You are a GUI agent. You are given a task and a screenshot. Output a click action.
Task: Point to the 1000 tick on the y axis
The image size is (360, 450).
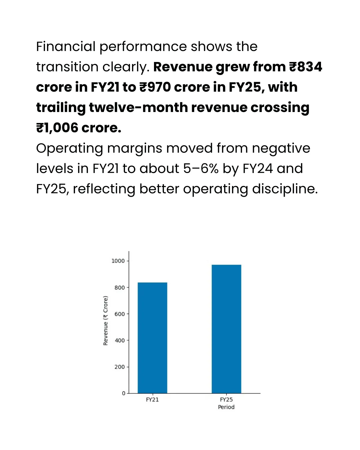pyautogui.click(x=118, y=261)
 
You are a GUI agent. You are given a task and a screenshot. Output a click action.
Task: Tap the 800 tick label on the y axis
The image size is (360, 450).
pyautogui.click(x=119, y=288)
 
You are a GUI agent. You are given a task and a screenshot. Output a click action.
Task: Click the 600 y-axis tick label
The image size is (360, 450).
pyautogui.click(x=119, y=314)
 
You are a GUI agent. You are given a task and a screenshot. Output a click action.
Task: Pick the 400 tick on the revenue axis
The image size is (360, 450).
pyautogui.click(x=119, y=340)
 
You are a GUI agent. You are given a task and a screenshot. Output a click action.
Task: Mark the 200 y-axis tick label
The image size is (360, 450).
pyautogui.click(x=119, y=367)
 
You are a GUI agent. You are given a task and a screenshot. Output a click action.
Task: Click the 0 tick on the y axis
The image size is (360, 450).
pyautogui.click(x=124, y=393)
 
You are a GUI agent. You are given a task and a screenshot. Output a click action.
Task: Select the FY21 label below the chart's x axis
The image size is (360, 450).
pyautogui.click(x=152, y=400)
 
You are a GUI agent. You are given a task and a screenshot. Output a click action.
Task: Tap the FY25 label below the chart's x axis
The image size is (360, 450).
pyautogui.click(x=226, y=400)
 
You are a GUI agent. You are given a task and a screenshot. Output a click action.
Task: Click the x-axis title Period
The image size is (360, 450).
pyautogui.click(x=226, y=407)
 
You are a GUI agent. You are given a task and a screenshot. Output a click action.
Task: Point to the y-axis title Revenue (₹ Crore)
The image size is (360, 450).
pyautogui.click(x=106, y=321)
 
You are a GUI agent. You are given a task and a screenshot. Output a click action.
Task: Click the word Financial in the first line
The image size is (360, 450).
pyautogui.click(x=66, y=47)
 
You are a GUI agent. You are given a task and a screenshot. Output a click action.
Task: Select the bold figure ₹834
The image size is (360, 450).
pyautogui.click(x=306, y=67)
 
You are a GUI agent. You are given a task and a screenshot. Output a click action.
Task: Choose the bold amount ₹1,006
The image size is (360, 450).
pyautogui.click(x=57, y=128)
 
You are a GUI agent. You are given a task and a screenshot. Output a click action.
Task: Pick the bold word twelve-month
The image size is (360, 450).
pyautogui.click(x=138, y=108)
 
